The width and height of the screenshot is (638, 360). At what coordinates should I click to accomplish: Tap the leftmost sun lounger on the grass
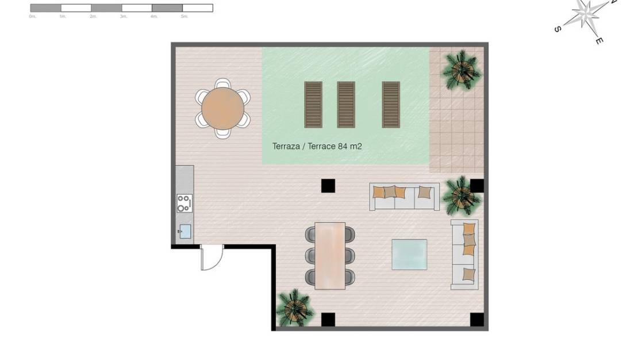click(313, 104)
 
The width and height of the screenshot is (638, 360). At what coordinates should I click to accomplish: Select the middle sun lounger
click(346, 104)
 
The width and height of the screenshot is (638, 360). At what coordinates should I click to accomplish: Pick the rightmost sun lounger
click(391, 104)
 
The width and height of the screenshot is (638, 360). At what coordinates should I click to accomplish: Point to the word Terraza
click(286, 147)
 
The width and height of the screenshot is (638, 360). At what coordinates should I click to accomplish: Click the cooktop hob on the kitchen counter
click(185, 203)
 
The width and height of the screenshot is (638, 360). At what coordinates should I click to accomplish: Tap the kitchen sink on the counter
click(185, 231)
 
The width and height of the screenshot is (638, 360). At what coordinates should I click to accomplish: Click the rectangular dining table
click(330, 255)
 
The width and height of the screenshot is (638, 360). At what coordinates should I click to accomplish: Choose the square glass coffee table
click(409, 254)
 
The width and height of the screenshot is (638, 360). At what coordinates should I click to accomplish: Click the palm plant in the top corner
click(461, 70)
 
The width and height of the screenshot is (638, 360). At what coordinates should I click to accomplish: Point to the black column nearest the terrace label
click(328, 186)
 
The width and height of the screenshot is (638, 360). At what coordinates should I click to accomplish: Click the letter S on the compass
click(558, 29)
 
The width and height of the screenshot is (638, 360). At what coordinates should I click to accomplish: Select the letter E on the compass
click(599, 41)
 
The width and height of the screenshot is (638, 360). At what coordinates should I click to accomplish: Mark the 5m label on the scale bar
click(184, 17)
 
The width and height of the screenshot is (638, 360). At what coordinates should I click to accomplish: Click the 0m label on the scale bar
click(32, 17)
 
